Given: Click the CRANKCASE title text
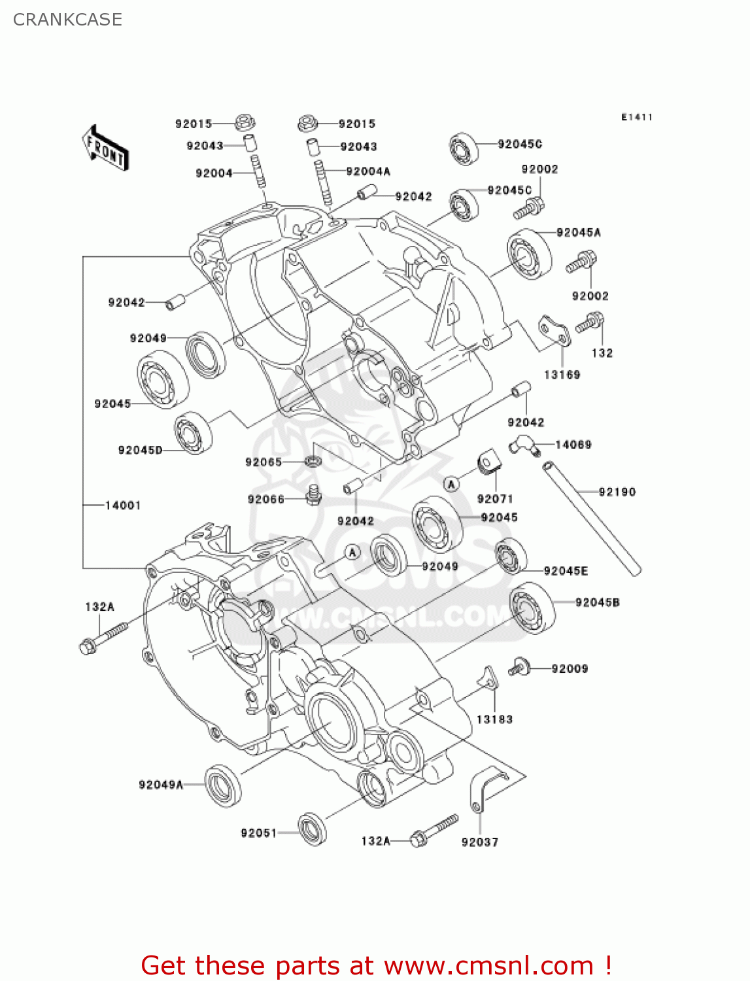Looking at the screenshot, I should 67,20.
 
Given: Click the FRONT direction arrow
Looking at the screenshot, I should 105,148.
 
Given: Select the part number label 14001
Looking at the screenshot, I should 123,505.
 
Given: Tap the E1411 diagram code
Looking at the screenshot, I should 636,117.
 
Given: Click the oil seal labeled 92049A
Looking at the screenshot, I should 223,785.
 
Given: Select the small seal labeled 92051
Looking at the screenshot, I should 313,829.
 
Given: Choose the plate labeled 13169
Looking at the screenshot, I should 554,332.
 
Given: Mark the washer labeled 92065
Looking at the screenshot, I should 313,461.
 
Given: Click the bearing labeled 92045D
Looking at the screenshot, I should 193,432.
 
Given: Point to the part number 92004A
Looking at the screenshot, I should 368,171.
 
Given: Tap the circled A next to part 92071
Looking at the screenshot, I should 451,484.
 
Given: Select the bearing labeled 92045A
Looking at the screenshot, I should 529,254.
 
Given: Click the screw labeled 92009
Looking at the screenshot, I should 519,666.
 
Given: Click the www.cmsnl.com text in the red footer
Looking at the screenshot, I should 488,965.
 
